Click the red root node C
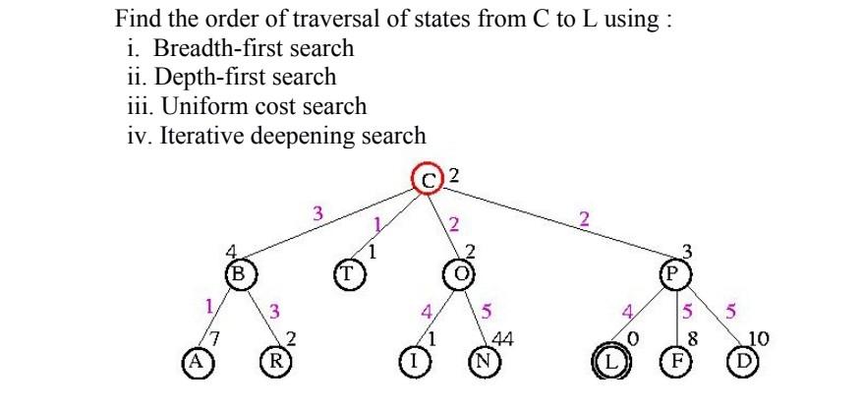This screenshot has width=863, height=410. click(428, 180)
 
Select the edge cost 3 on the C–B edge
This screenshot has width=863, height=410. click(316, 211)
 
